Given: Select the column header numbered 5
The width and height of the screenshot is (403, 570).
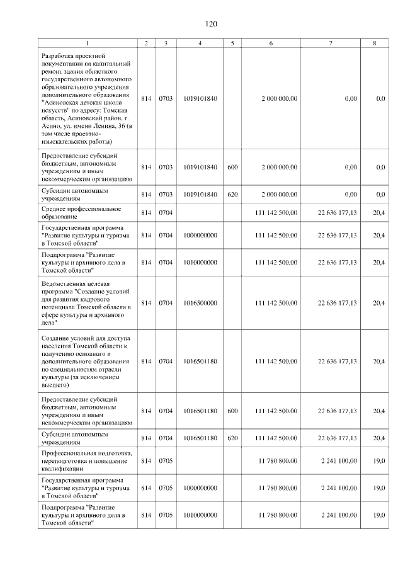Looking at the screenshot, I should click(x=232, y=43).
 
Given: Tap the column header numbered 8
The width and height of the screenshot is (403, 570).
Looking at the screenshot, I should click(x=375, y=43).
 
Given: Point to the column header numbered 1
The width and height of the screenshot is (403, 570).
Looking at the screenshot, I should click(x=88, y=43).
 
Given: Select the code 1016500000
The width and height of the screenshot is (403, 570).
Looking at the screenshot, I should click(x=200, y=303).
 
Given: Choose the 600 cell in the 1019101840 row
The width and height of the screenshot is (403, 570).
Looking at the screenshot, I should click(x=232, y=167).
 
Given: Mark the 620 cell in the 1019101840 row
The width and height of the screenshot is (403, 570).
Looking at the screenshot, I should click(x=232, y=194).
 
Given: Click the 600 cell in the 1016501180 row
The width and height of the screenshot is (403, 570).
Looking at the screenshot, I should click(x=232, y=411).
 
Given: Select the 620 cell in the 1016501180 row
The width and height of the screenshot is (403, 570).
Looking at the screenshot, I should click(x=232, y=438).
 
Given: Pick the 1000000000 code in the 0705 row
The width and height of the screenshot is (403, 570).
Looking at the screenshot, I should click(x=200, y=488).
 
